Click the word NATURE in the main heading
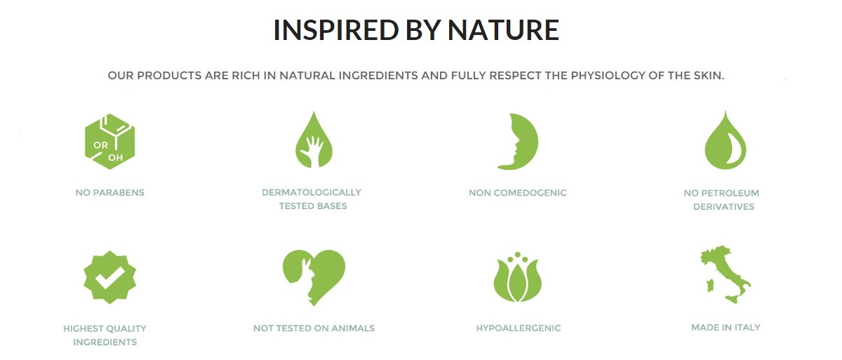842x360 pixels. (x=503, y=29)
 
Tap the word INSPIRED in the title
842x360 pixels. (x=335, y=29)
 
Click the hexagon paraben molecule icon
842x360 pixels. (x=109, y=142)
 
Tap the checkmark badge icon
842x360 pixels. (x=109, y=277)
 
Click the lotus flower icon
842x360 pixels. (x=518, y=277)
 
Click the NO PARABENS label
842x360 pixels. (x=109, y=193)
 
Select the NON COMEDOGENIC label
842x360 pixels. (x=518, y=193)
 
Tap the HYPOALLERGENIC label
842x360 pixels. (x=519, y=328)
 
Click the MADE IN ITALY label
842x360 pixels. (x=726, y=328)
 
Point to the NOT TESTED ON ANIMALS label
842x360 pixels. (x=314, y=328)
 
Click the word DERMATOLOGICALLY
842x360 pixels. (x=312, y=192)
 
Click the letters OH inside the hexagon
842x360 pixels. (x=115, y=157)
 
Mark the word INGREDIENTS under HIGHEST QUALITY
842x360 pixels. (x=105, y=342)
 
